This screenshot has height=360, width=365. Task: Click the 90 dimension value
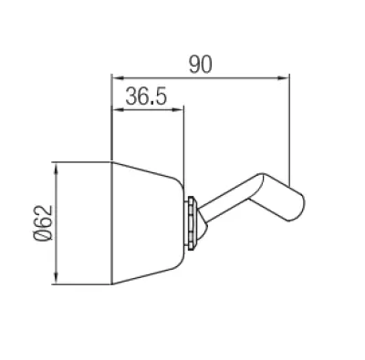click(x=200, y=65)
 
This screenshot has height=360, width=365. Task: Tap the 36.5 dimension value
click(x=146, y=96)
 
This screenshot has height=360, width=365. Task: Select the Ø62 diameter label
click(x=43, y=222)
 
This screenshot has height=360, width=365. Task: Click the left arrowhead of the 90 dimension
click(x=118, y=78)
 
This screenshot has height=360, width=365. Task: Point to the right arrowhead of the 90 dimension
click(x=283, y=78)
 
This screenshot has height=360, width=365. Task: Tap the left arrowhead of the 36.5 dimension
click(x=118, y=110)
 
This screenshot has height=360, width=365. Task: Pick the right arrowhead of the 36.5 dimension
click(x=178, y=110)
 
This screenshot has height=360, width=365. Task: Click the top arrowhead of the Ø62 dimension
click(x=56, y=168)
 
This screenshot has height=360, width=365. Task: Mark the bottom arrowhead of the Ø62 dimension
click(x=56, y=278)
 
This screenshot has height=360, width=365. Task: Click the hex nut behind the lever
click(x=192, y=223)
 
